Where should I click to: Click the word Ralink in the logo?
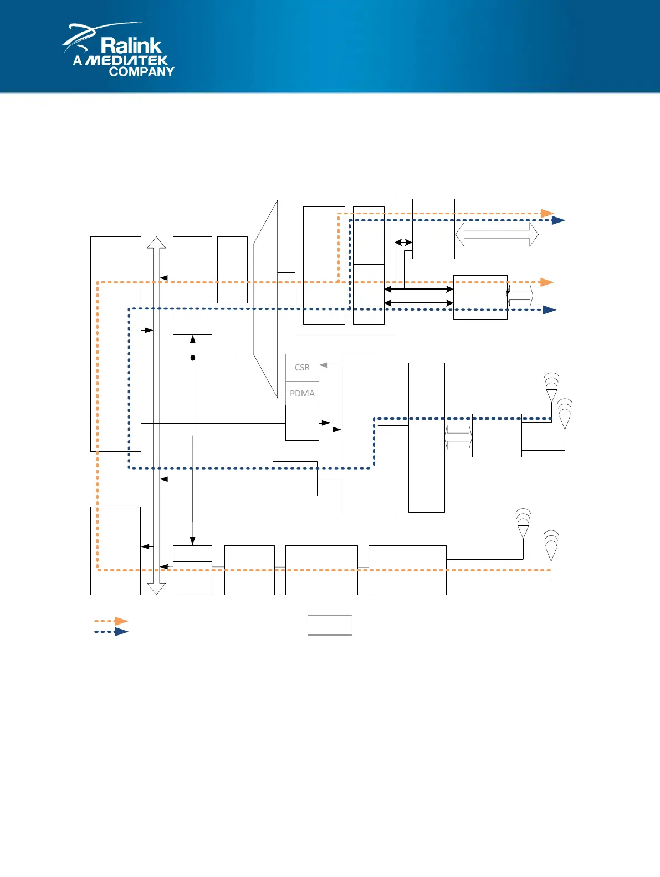[x=131, y=45]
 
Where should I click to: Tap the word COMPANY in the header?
[x=141, y=71]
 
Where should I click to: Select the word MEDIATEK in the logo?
[x=127, y=60]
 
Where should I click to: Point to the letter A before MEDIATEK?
[x=78, y=60]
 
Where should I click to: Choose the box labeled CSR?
[x=302, y=368]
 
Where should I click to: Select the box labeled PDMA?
[x=302, y=394]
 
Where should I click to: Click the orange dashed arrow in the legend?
[x=111, y=621]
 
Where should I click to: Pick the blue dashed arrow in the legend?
[x=111, y=632]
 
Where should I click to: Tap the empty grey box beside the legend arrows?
[x=330, y=625]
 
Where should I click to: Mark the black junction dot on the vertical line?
[x=193, y=358]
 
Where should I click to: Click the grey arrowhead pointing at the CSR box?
[x=324, y=365]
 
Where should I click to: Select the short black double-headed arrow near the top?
[x=403, y=242]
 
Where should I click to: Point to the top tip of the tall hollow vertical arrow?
[x=156, y=239]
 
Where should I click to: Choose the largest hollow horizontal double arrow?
[x=497, y=234]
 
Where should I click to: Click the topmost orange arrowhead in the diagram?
[x=548, y=213]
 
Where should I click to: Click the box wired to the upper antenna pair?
[x=497, y=435]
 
